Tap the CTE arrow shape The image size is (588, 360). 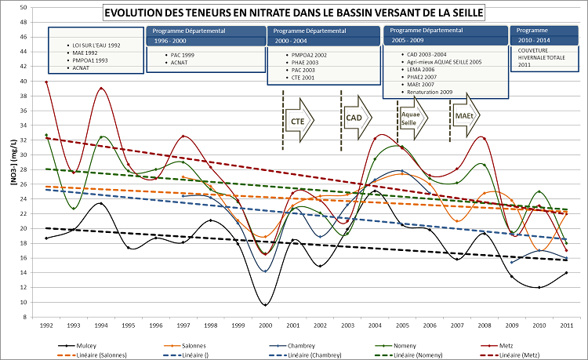299,121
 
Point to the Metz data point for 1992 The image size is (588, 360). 46,82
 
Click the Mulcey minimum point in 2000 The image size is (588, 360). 267,304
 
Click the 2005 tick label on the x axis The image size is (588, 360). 401,325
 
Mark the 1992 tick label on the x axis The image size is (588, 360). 46,325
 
